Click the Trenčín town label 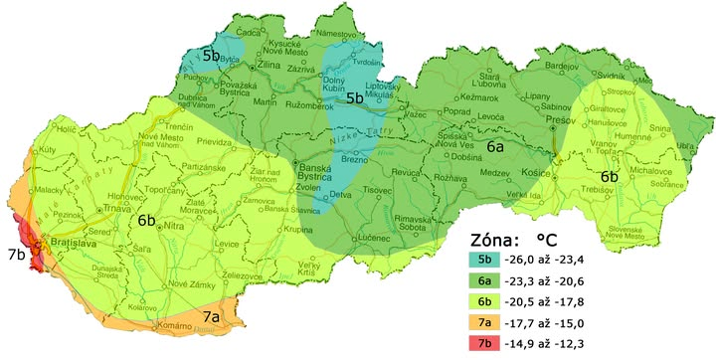click(207, 128)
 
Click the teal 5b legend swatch click(484, 260)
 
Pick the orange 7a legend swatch click(484, 321)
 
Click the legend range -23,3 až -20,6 click(548, 280)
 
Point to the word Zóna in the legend click(493, 239)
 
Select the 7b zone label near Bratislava click(15, 254)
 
